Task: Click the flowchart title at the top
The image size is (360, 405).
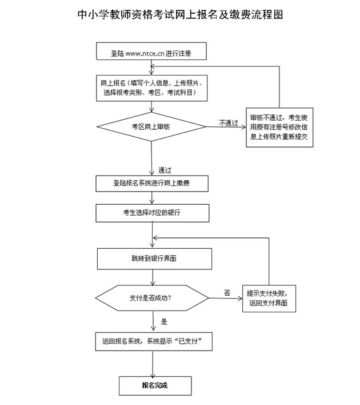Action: point(179,15)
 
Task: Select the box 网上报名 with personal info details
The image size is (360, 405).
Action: point(151,87)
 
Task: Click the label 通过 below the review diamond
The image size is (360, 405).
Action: point(166,170)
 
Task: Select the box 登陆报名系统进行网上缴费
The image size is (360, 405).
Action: point(151,183)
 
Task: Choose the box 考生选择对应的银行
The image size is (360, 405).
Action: point(151,213)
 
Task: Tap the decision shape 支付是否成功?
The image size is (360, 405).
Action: point(152,298)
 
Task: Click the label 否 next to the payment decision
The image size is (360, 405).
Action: point(227,293)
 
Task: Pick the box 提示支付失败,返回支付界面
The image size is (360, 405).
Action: point(269,297)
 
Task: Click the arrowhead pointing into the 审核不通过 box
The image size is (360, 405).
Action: point(243,126)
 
